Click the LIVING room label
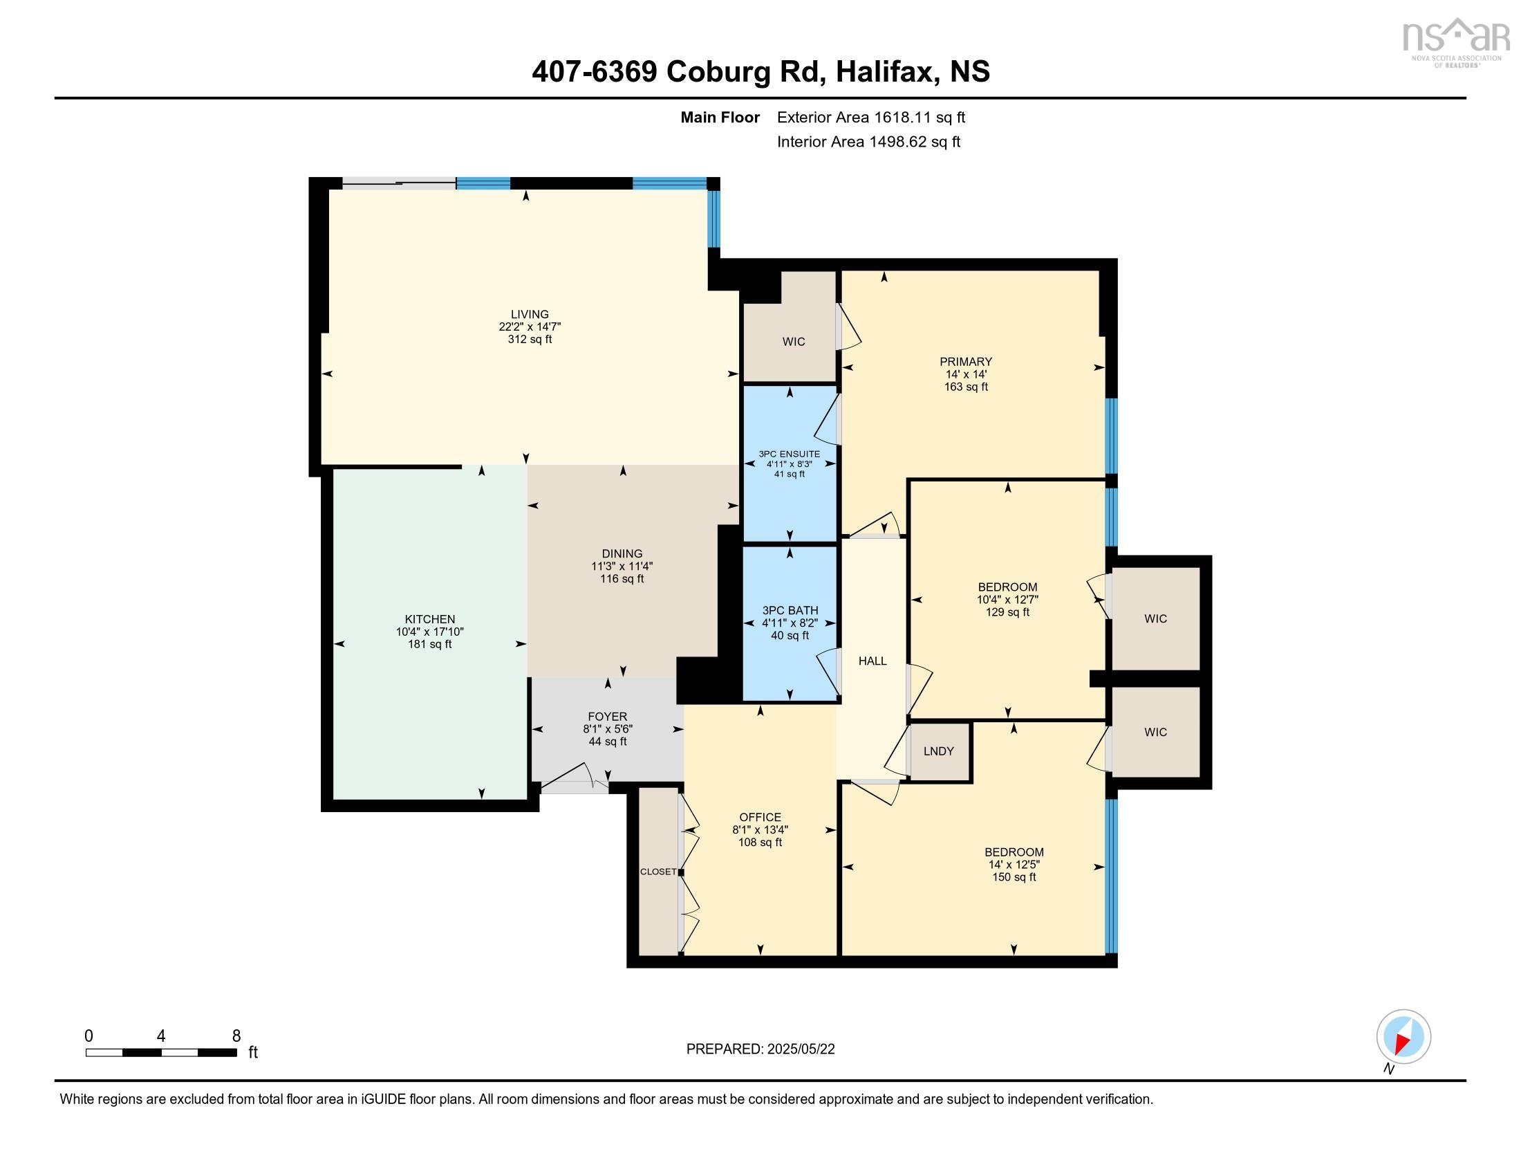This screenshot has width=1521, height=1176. tap(530, 314)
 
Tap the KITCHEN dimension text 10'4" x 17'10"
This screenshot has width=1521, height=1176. tap(430, 632)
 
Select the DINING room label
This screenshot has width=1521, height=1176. tap(622, 554)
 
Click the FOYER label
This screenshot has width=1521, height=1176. tap(607, 716)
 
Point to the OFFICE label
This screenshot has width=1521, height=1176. tap(760, 817)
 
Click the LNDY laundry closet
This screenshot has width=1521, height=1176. tap(938, 751)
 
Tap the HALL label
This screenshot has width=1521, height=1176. tap(872, 661)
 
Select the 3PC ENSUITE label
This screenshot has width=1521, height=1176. tap(789, 454)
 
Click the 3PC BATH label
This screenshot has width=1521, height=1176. tap(790, 610)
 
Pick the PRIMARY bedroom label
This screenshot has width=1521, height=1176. tap(965, 362)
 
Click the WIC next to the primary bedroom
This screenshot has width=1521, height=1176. tap(793, 341)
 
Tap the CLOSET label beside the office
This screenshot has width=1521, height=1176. tap(658, 872)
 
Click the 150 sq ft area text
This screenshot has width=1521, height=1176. tap(1014, 877)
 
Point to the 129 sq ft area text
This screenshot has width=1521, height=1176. tap(1007, 612)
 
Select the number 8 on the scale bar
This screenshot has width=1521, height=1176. tap(236, 1036)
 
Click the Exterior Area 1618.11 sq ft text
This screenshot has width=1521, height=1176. tap(870, 117)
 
